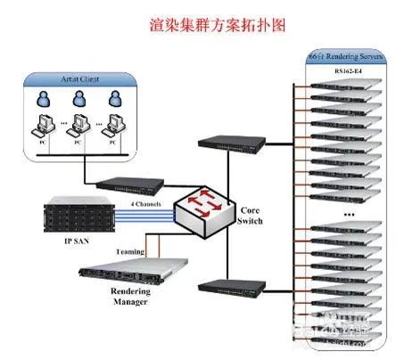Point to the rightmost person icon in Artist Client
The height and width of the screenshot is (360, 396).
tap(114, 97)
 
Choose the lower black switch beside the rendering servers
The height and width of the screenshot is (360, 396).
tap(227, 286)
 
